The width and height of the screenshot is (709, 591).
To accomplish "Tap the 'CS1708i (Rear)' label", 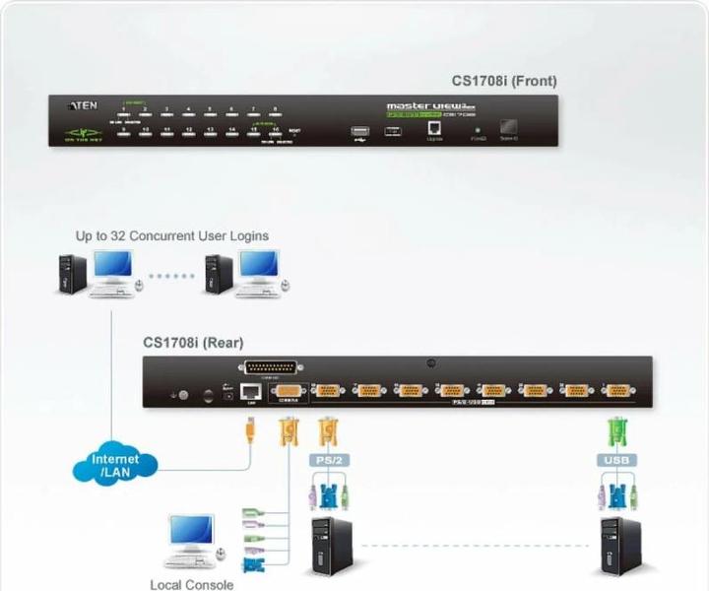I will pyautogui.click(x=193, y=343).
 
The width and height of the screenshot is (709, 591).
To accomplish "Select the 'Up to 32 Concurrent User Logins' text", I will pyautogui.click(x=172, y=236).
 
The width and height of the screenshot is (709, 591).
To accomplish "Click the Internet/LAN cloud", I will pyautogui.click(x=115, y=465).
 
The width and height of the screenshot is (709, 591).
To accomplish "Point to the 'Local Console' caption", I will pyautogui.click(x=192, y=584).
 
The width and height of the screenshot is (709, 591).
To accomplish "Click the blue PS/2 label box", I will pyautogui.click(x=328, y=459).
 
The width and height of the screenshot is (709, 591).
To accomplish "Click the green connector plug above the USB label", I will pyautogui.click(x=617, y=430).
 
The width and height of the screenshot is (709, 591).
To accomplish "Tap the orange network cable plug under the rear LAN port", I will pyautogui.click(x=250, y=428).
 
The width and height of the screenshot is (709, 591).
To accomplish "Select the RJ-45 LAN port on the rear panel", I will pyautogui.click(x=251, y=391).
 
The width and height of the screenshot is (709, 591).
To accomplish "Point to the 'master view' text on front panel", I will pyautogui.click(x=419, y=105).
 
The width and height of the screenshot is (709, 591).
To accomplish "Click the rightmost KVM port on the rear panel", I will pyautogui.click(x=617, y=391).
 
